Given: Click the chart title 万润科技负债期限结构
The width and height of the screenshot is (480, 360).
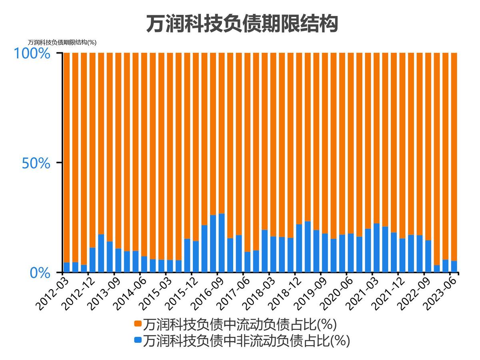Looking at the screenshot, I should click(x=242, y=24).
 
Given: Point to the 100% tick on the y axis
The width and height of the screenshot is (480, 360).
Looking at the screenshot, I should click(x=32, y=53).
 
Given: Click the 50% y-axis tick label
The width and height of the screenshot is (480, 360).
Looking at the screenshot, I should click(x=36, y=163).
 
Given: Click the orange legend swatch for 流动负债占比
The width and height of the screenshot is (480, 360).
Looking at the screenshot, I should click(x=138, y=323).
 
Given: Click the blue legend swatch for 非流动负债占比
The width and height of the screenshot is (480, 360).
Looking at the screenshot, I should click(x=138, y=340).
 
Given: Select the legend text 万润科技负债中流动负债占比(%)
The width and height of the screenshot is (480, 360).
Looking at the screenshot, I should click(x=240, y=323).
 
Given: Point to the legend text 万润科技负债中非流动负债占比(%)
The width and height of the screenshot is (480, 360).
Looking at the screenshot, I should click(x=246, y=340).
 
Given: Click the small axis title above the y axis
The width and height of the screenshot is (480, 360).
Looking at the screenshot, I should click(x=62, y=42).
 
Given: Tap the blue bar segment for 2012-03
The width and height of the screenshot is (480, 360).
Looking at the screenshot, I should click(x=66, y=268).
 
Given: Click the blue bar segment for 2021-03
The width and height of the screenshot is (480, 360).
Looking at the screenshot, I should click(x=376, y=248).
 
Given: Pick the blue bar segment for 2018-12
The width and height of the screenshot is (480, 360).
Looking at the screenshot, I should click(x=299, y=248).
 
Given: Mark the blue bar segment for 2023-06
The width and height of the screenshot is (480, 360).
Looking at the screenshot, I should click(x=454, y=267).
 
